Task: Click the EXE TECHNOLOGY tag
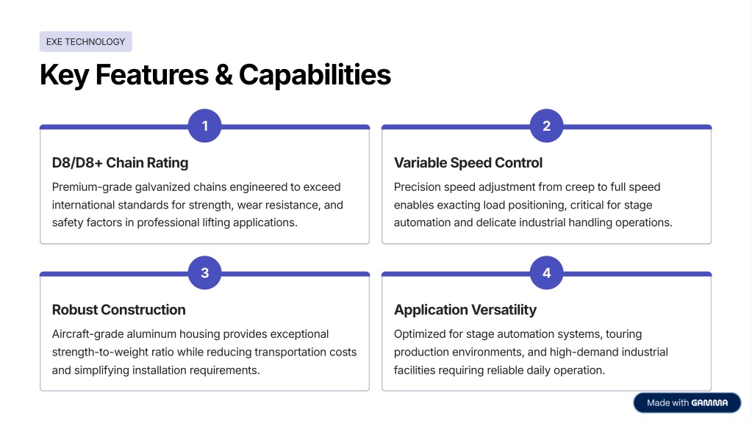85,42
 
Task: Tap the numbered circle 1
205,126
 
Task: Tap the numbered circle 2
546,126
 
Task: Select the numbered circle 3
205,273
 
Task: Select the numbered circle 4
546,273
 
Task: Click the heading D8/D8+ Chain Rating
120,163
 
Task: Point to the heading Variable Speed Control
468,163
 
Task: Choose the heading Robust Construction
118,310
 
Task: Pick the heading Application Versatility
465,310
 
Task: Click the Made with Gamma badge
687,402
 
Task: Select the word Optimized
421,334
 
